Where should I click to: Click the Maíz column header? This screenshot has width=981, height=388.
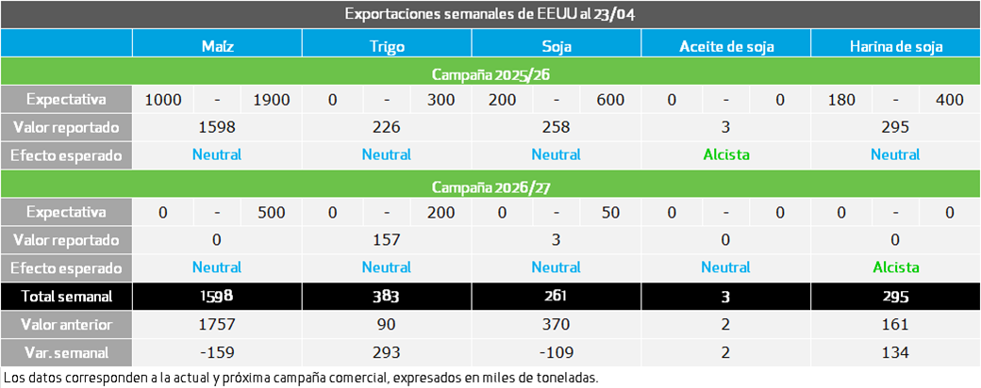coord(217,46)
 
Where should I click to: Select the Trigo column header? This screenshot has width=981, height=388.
coord(387,46)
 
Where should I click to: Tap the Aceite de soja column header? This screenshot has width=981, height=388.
coord(725,46)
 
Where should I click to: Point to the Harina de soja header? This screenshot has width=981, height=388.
coord(895,46)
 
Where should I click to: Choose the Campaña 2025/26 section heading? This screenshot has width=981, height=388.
coord(490,74)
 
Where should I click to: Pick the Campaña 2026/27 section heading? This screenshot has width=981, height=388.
coord(490,186)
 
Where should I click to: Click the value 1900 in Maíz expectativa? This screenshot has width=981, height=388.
coord(272,99)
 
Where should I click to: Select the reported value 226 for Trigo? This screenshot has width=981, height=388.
coord(387,127)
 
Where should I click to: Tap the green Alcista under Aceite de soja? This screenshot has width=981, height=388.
coord(725,155)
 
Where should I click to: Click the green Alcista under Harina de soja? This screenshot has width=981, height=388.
coord(895,267)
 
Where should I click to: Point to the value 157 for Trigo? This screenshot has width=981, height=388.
coord(387,240)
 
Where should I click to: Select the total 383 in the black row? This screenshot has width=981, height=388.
coord(387,296)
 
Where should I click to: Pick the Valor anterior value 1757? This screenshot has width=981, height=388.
coord(217,325)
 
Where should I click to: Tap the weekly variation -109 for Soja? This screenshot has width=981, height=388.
coord(557,352)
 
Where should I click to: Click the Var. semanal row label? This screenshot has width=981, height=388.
coord(66,352)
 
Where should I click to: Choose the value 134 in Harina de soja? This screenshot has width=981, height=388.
coord(895,352)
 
